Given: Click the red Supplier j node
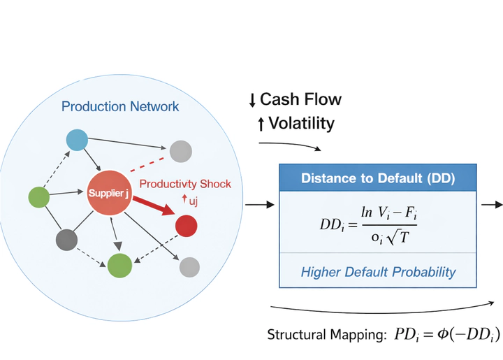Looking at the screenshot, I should point(108,192).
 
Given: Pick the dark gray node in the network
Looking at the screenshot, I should point(66,239).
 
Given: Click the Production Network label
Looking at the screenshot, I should point(120,107).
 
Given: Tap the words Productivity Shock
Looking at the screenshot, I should point(185,184).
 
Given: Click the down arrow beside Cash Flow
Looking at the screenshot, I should point(251,100).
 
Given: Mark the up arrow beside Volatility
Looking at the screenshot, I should point(261,124).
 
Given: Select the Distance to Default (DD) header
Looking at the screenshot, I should point(378,178).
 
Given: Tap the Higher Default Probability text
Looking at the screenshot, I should point(378,271).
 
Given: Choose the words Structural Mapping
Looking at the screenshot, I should point(322,335).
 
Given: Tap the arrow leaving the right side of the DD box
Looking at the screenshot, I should point(493,205).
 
